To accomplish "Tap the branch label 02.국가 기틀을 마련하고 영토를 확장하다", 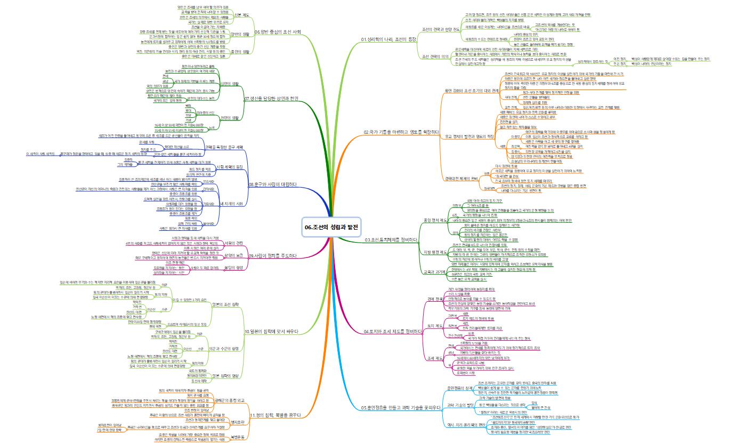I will [x=401, y=132].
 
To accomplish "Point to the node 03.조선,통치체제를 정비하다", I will [x=390, y=240].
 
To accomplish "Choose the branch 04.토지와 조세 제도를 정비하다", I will [x=393, y=331].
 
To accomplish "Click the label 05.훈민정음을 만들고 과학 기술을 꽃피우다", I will [x=401, y=408].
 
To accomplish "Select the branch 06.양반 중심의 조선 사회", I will [x=278, y=32].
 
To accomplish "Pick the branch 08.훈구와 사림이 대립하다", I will [x=272, y=184].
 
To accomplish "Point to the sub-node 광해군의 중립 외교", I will [x=229, y=399].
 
